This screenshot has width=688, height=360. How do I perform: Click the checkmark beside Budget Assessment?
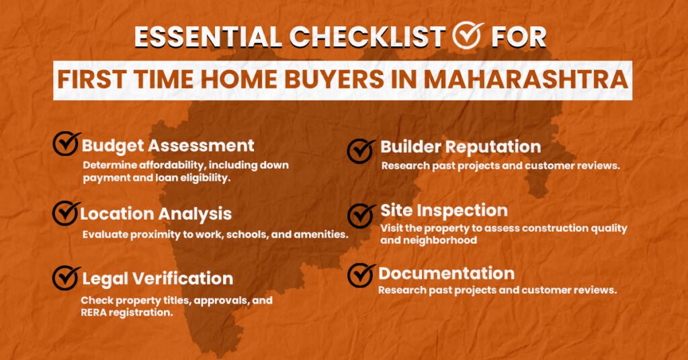click(66, 143)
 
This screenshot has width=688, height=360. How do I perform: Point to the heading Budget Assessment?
click(168, 145)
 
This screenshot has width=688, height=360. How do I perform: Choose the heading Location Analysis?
click(156, 214)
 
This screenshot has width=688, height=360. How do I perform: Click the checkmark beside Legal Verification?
click(66, 277)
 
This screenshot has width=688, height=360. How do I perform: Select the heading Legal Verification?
click(157, 278)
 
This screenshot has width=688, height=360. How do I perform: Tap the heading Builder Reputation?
click(460, 146)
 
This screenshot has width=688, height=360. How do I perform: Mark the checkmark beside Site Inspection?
click(361, 215)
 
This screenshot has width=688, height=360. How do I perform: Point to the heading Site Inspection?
click(444, 210)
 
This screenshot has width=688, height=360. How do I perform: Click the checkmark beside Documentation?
click(361, 274)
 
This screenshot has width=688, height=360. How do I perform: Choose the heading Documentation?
click(446, 273)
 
